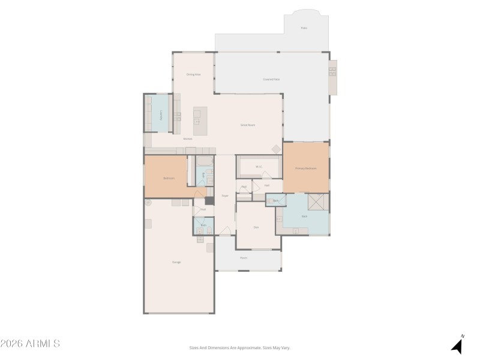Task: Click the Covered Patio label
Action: [271, 79]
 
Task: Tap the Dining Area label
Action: [193, 74]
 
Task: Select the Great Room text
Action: [248, 125]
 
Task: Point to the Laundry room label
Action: [161, 114]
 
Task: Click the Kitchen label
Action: [188, 139]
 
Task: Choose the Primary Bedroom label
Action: [305, 169]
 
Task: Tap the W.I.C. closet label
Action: [259, 167]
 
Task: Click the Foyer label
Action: [225, 196]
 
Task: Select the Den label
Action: [256, 227]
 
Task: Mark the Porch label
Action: [244, 258]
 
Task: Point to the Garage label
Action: [176, 262]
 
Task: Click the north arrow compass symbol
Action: [457, 345]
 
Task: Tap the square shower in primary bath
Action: [317, 202]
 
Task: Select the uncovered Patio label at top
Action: [304, 28]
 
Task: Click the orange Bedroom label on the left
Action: [169, 178]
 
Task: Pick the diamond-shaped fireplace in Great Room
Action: [275, 149]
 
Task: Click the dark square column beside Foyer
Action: [209, 201]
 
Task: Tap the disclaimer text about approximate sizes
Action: [239, 347]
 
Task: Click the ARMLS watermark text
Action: [30, 344]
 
